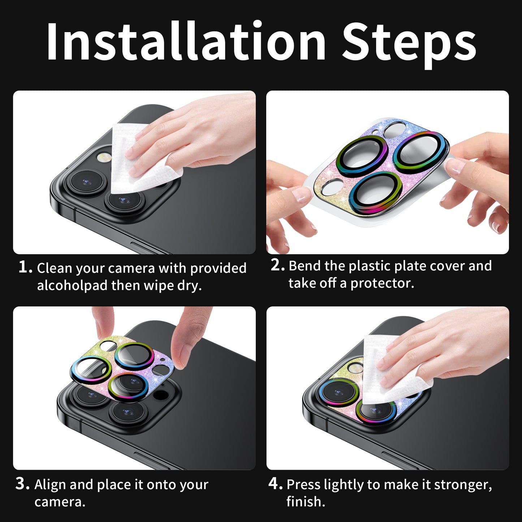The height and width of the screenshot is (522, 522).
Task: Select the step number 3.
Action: coord(22,484)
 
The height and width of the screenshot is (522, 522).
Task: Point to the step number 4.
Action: coord(276,484)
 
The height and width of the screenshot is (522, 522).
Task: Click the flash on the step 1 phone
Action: coord(105,157)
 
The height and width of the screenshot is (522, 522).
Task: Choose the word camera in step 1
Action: coord(133,268)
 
